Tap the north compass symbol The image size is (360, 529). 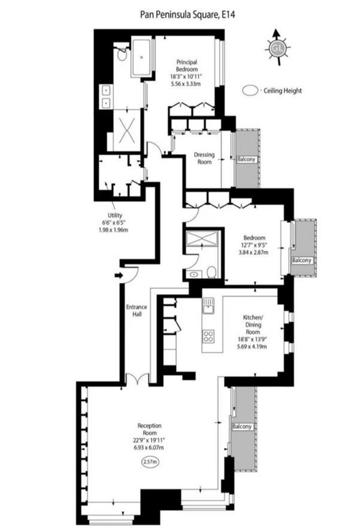tap(276, 48)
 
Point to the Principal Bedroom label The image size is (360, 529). tap(187, 66)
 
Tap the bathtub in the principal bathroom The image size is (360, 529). tap(142, 57)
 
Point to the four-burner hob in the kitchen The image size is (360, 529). tap(209, 337)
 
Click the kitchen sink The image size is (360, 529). tap(207, 307)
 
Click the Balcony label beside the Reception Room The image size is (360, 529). tap(242, 427)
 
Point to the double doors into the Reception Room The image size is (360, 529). tap(136, 379)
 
